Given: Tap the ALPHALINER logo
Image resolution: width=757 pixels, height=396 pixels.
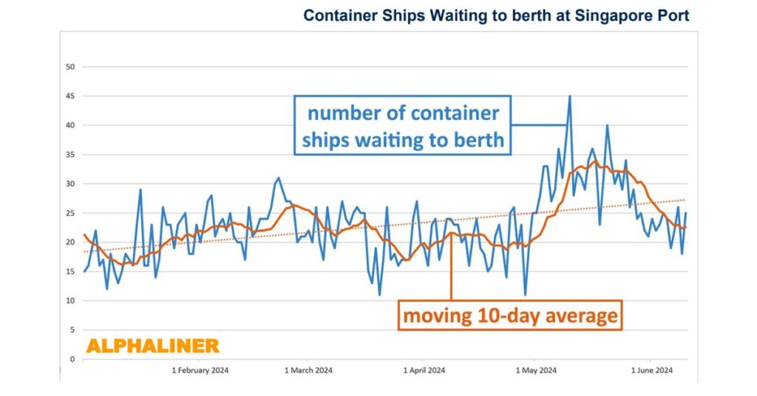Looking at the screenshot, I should pyautogui.click(x=152, y=346).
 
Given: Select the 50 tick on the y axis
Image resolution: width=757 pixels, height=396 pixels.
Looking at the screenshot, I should pyautogui.click(x=71, y=67).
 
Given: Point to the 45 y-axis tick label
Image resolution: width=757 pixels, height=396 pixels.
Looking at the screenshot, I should pyautogui.click(x=71, y=96).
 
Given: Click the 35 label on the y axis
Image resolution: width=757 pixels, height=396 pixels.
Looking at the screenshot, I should pyautogui.click(x=71, y=155).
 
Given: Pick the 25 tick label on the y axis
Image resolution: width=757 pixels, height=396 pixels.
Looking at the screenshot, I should pyautogui.click(x=71, y=213).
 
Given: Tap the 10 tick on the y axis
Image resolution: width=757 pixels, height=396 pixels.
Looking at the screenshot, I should pyautogui.click(x=71, y=301).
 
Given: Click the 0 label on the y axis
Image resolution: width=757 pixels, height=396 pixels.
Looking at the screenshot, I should pyautogui.click(x=73, y=359).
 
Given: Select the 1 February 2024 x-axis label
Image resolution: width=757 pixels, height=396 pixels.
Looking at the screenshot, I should pyautogui.click(x=200, y=370).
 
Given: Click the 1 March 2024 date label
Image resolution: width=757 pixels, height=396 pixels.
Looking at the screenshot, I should pyautogui.click(x=309, y=370).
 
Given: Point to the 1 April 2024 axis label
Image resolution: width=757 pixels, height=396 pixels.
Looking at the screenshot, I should pyautogui.click(x=424, y=370).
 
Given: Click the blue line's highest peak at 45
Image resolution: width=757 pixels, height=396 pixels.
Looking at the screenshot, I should pyautogui.click(x=569, y=96).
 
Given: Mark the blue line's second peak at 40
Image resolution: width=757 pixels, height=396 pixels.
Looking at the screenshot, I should pyautogui.click(x=607, y=125).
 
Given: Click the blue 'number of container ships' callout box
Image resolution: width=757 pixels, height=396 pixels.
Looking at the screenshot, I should pyautogui.click(x=403, y=126).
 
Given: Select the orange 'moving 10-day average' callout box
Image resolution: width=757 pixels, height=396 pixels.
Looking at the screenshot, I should pyautogui.click(x=509, y=315).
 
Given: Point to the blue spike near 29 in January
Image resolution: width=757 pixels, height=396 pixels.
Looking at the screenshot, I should pyautogui.click(x=140, y=190).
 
